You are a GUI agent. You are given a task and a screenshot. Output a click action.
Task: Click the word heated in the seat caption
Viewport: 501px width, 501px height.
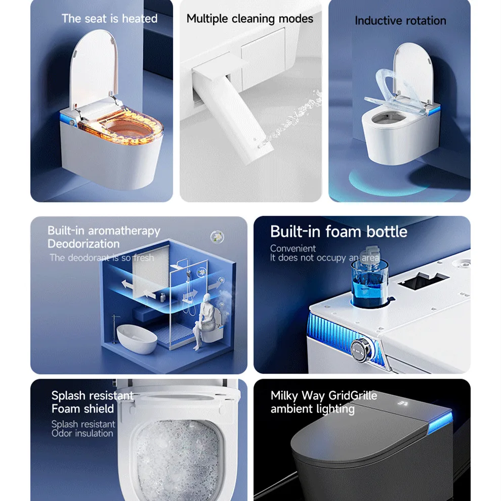point(140,19)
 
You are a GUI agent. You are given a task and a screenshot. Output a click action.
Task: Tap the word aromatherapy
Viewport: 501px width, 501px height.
point(124,231)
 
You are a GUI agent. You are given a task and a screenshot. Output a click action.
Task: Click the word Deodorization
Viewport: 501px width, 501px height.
point(83,244)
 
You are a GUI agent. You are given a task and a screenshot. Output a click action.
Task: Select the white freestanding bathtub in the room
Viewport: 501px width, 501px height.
point(137,339)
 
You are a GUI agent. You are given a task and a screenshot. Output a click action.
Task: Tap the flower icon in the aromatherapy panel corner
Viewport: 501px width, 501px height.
point(217,237)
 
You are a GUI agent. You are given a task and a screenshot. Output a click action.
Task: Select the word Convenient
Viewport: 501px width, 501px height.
point(293,248)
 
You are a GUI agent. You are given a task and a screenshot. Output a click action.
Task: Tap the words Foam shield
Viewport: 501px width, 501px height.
point(82,409)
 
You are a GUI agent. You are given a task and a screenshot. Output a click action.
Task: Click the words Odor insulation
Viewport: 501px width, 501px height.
point(82,434)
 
